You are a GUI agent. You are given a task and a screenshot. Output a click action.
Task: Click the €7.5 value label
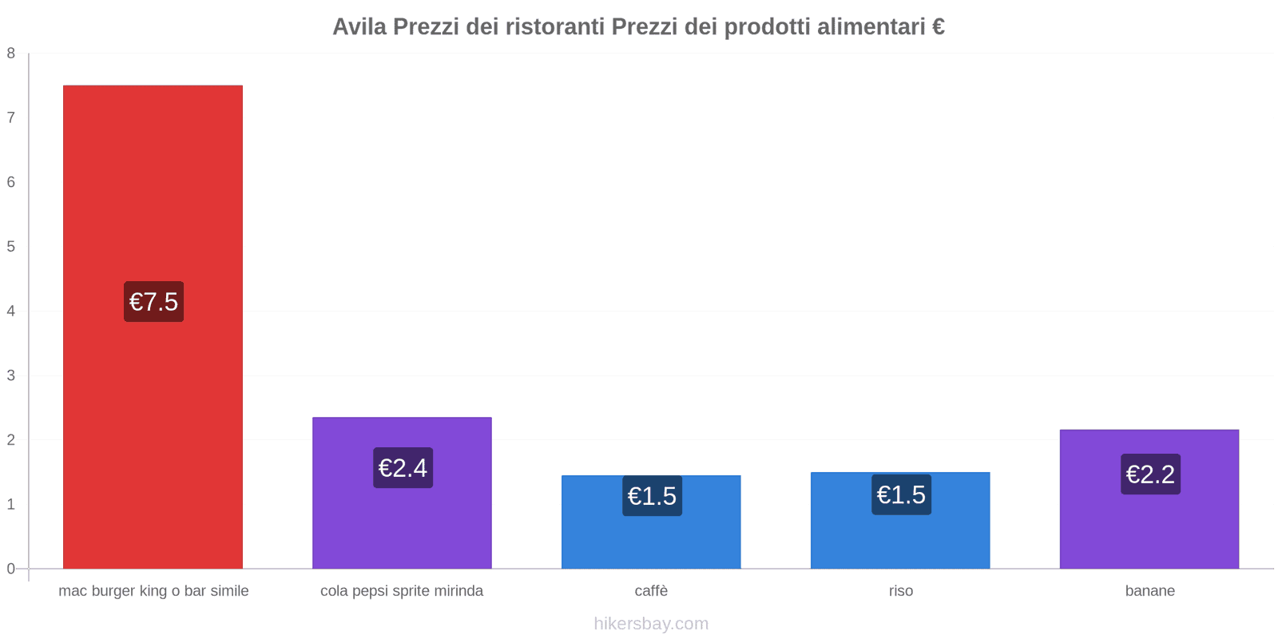click(153, 302)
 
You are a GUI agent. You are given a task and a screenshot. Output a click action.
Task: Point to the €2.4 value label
click(403, 468)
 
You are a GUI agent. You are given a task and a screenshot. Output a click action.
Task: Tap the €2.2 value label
click(1150, 474)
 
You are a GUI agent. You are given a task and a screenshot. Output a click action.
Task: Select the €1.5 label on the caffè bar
click(652, 496)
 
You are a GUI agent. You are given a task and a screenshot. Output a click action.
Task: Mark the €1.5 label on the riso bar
click(901, 495)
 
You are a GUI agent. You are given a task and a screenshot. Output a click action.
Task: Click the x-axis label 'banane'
click(1149, 591)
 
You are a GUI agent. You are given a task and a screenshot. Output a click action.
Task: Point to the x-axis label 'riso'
click(900, 591)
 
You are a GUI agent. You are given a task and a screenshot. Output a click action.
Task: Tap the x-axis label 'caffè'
click(651, 591)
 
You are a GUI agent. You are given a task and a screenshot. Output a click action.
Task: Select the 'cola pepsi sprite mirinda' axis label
click(402, 591)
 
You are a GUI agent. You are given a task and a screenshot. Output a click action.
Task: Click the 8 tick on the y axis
click(11, 54)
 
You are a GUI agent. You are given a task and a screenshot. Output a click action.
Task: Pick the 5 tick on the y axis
click(11, 247)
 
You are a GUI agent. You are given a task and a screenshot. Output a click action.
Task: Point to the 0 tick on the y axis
click(11, 569)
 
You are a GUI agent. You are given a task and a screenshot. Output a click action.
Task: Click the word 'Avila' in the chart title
click(359, 27)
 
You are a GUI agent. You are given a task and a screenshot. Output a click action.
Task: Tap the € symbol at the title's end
click(938, 27)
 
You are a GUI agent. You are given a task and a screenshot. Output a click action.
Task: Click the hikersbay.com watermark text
click(651, 624)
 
